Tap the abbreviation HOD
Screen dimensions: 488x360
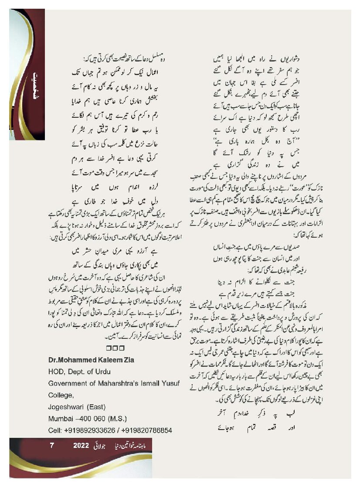pyautogui.click(x=56, y=372)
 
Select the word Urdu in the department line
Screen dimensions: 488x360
pyautogui.click(x=103, y=372)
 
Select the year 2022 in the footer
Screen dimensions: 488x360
pyautogui.click(x=81, y=446)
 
